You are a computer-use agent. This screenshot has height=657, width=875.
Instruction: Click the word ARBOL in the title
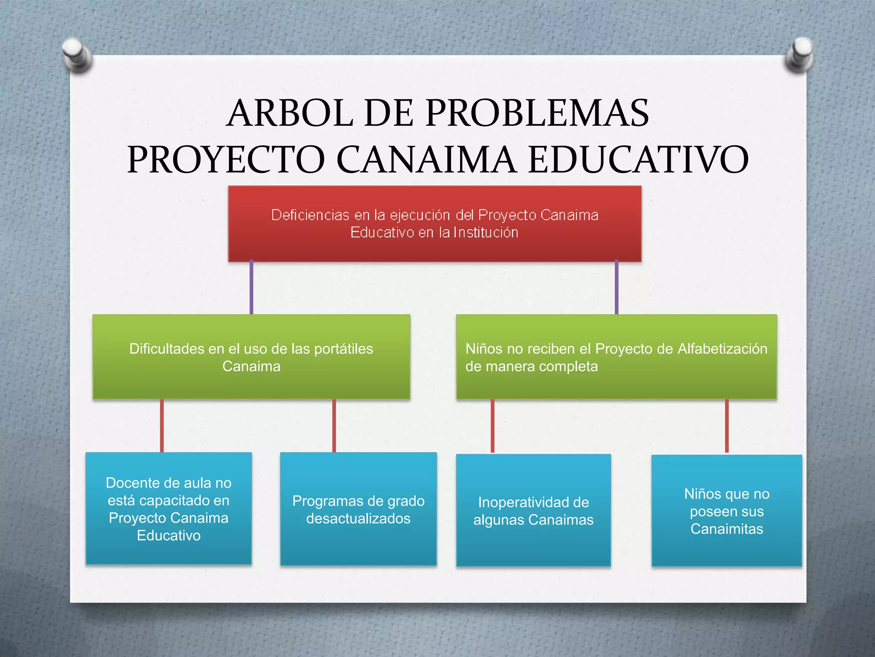(x=290, y=113)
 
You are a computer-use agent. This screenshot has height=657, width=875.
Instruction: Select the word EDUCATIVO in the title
(x=638, y=159)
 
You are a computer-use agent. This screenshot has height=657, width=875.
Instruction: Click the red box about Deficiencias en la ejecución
(x=435, y=223)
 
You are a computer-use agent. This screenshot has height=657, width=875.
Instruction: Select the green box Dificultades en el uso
(x=251, y=357)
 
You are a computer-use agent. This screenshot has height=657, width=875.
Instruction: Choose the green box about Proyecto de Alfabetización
(x=616, y=357)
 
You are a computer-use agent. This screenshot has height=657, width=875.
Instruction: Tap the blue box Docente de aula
(x=168, y=509)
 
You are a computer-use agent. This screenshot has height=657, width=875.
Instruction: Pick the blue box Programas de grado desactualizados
(x=358, y=509)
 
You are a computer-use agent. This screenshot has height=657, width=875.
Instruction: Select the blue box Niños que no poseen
(x=726, y=511)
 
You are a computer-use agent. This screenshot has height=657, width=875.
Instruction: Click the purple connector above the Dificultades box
(x=251, y=287)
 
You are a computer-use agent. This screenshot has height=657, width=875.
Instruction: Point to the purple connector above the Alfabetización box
(x=616, y=287)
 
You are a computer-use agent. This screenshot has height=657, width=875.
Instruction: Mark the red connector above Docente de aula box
(x=161, y=426)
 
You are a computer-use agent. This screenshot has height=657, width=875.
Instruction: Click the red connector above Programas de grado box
(x=334, y=426)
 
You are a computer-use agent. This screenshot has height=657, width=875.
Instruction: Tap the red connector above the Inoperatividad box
(x=492, y=426)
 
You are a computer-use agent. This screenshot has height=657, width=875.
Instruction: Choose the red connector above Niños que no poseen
(x=726, y=426)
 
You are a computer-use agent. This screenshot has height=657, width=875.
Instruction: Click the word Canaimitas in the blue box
(x=726, y=529)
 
